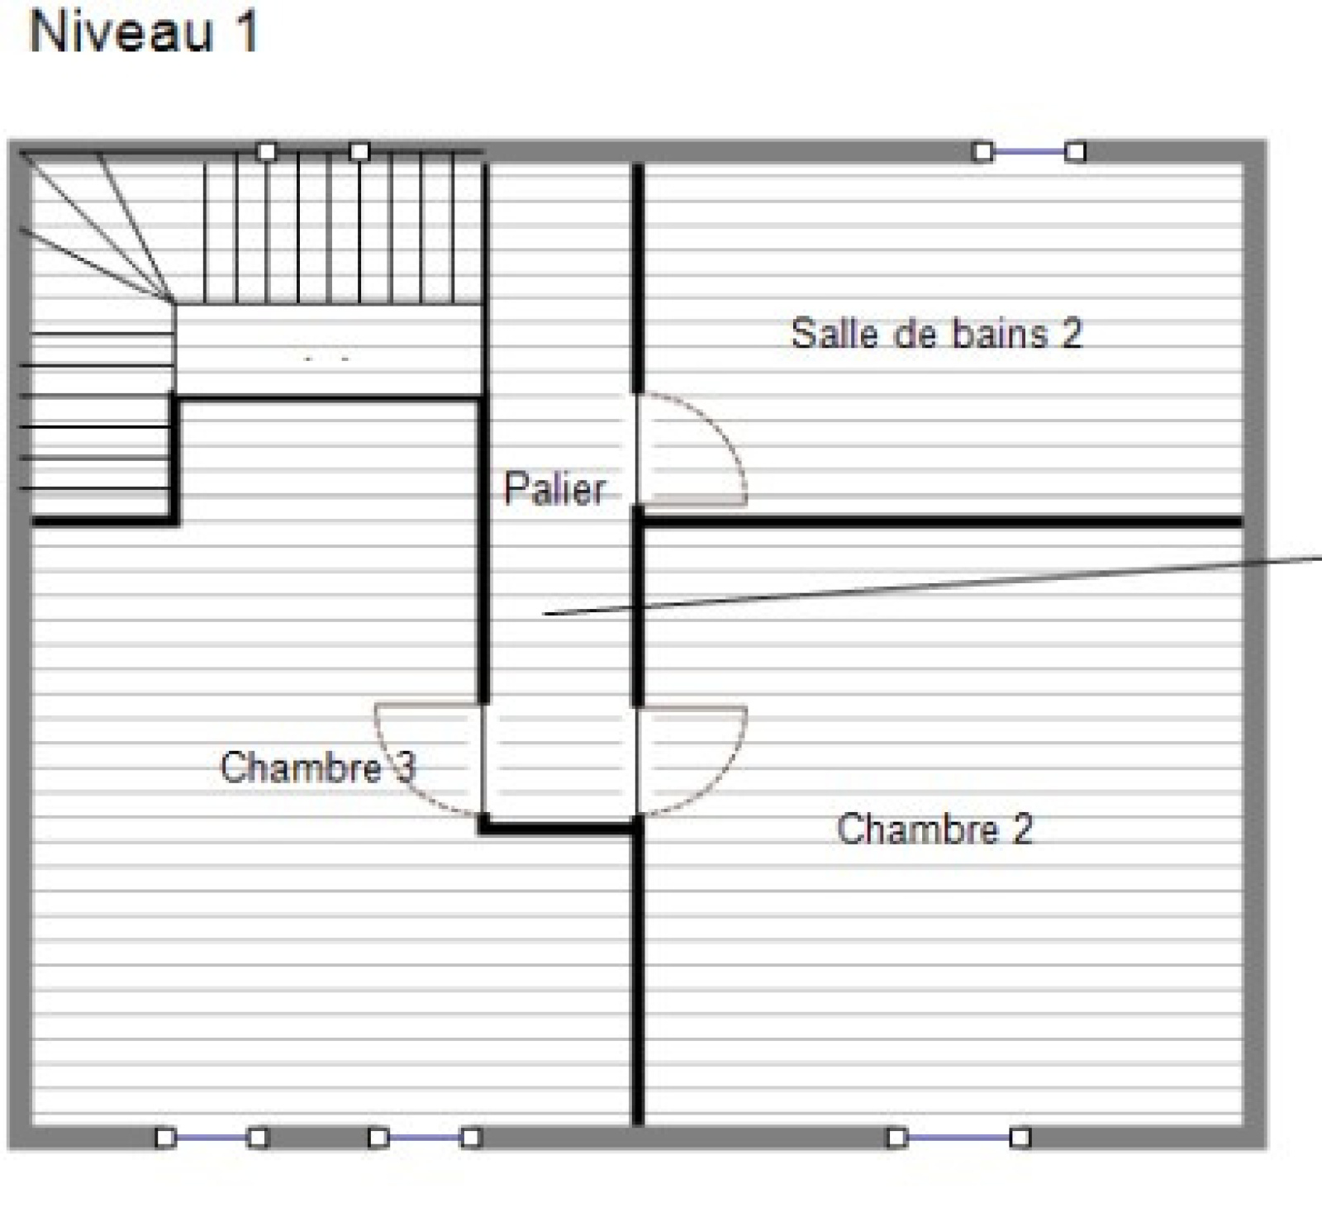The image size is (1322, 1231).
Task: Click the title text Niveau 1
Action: [x=144, y=32]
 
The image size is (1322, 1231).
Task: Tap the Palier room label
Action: [x=555, y=488]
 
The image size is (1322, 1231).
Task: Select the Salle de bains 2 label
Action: [x=936, y=334]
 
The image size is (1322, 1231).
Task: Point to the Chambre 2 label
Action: [x=934, y=829]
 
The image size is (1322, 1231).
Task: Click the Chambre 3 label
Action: [x=318, y=767]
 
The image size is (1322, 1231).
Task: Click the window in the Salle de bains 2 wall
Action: [x=1029, y=152]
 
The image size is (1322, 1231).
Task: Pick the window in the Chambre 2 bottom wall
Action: [x=958, y=1138]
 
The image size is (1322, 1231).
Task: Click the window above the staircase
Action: [x=312, y=152]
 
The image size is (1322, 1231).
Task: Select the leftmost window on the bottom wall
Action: [x=212, y=1138]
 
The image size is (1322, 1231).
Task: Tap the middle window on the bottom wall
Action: [x=424, y=1138]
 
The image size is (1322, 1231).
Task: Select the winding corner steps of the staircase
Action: [x=95, y=227]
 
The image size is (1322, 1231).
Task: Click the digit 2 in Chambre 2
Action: [x=1023, y=829]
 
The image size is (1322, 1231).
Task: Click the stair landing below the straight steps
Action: [x=329, y=351]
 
